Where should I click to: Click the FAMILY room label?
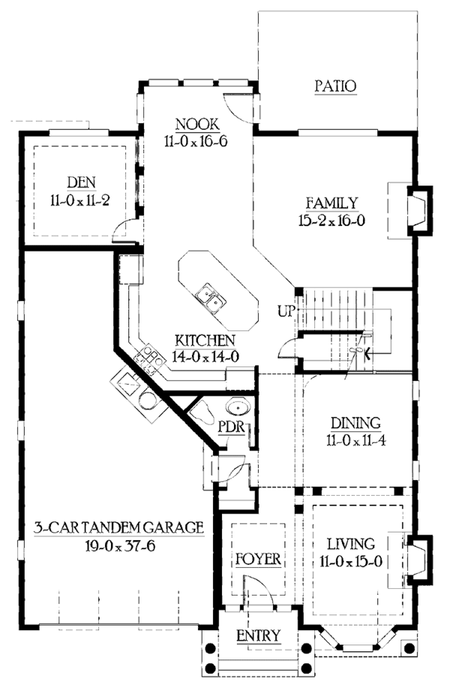[x=331, y=203]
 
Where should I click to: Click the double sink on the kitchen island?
[x=211, y=298]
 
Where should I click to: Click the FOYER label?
[x=257, y=560]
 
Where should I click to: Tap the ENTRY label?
[x=258, y=636]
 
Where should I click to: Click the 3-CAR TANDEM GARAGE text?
[x=118, y=527]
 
